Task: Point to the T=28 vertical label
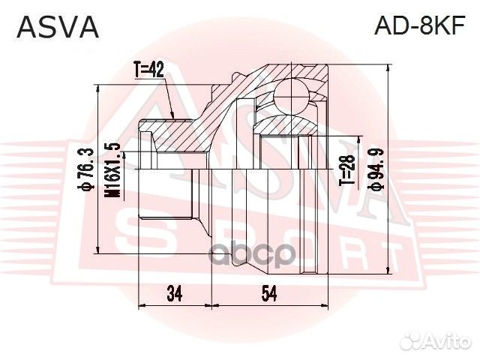point(346,173)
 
